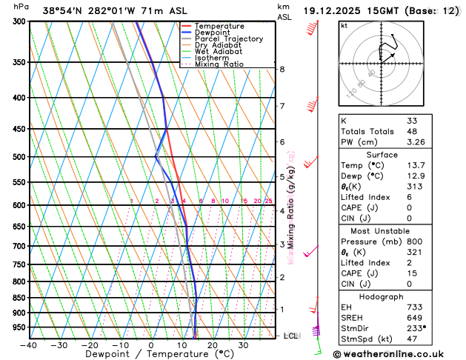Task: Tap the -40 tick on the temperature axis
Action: tap(29, 345)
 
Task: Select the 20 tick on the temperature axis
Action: tap(212, 345)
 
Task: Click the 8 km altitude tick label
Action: tap(282, 70)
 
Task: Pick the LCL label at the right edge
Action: tap(292, 336)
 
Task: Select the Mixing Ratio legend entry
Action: tap(219, 64)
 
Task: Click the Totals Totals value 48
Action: tap(412, 132)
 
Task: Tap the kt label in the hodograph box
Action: tap(344, 26)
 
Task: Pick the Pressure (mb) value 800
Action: tap(415, 241)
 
